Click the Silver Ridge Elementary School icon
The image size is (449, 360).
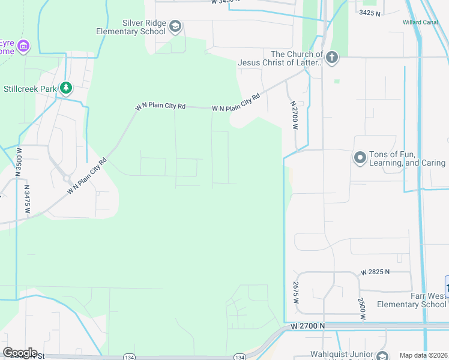click(175, 26)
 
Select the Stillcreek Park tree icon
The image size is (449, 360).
click(65, 89)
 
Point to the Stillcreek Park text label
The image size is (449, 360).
click(30, 89)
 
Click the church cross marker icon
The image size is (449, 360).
click(332, 58)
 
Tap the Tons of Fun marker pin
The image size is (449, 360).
click(360, 158)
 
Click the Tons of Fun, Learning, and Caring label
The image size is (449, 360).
click(408, 158)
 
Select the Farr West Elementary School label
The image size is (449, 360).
click(411, 300)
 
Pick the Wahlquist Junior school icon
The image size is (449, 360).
click(381, 355)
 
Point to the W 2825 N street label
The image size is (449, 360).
click(375, 272)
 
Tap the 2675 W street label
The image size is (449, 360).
click(296, 293)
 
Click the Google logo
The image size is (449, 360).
click(20, 353)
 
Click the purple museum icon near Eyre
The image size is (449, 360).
click(23, 46)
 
